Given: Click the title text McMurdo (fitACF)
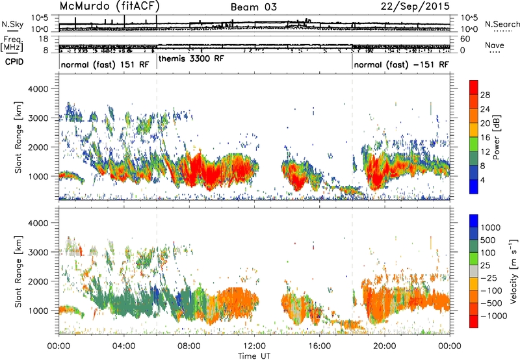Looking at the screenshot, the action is click(x=110, y=6).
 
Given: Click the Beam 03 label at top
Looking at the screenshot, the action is click(x=253, y=7).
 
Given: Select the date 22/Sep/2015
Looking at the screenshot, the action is click(x=415, y=6).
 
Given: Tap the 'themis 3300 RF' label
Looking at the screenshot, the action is click(x=191, y=59).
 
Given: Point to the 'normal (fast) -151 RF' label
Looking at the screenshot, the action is click(x=401, y=64).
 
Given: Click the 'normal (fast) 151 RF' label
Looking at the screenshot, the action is click(x=105, y=64).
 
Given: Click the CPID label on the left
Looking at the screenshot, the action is click(x=14, y=62).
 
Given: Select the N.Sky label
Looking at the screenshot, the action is click(x=12, y=24).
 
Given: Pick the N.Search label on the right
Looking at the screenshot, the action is click(x=502, y=24).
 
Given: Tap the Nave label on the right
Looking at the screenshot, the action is click(x=495, y=45).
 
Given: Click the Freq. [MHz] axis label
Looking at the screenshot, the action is click(x=13, y=44).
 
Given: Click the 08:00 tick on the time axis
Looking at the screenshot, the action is click(x=189, y=346).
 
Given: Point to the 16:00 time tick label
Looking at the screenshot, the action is click(x=319, y=346).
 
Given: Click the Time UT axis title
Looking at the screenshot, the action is click(x=254, y=356).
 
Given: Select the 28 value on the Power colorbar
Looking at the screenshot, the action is click(x=485, y=95).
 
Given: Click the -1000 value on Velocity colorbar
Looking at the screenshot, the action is click(x=494, y=316).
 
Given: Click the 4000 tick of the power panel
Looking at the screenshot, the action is click(x=38, y=89).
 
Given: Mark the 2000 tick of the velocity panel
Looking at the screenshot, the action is click(x=38, y=281).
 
